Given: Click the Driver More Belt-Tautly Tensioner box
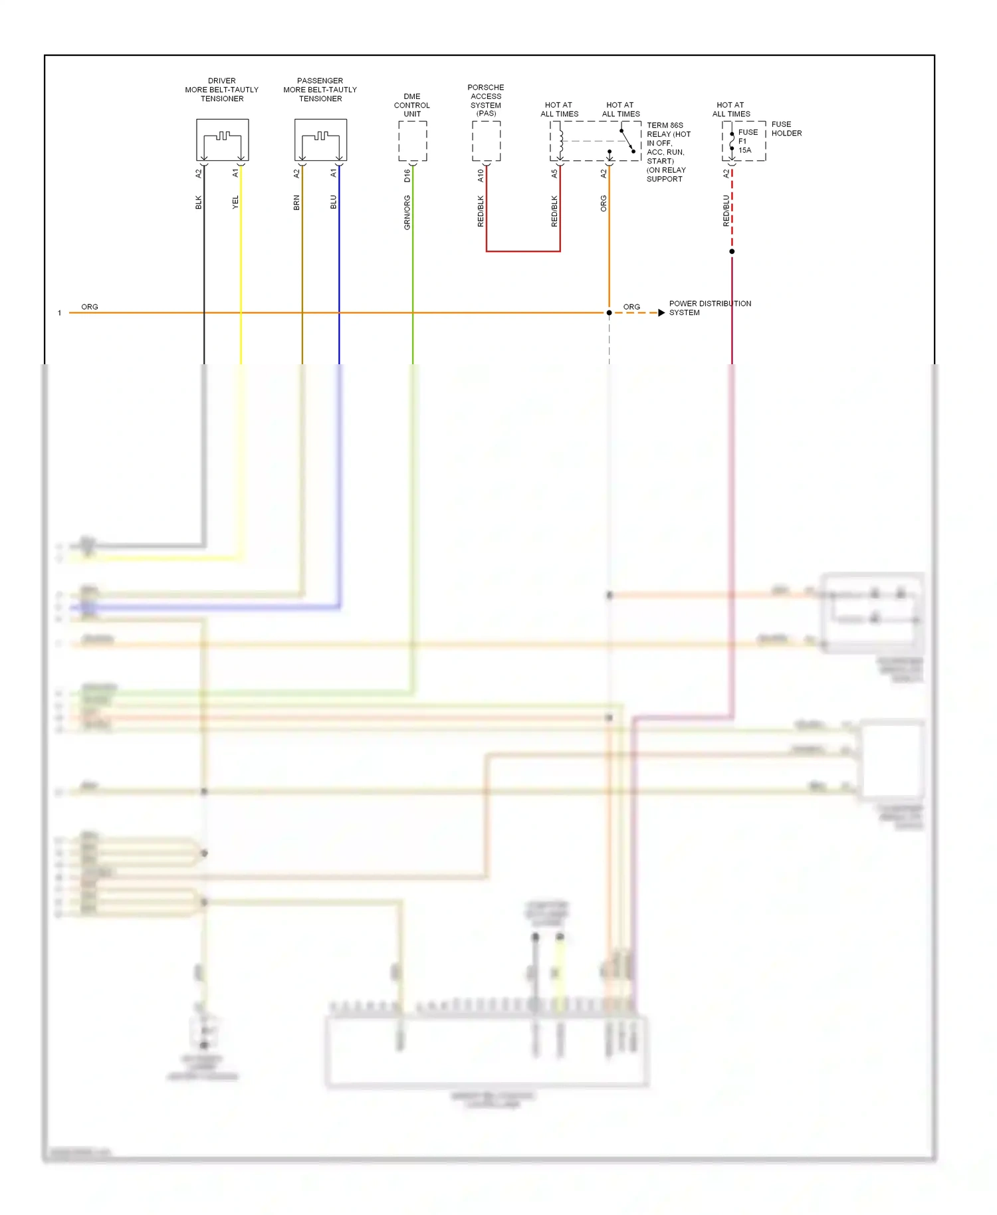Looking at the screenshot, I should pyautogui.click(x=222, y=140).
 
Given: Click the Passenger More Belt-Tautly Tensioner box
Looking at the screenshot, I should pyautogui.click(x=320, y=140).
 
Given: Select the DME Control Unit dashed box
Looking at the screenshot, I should pyautogui.click(x=412, y=141).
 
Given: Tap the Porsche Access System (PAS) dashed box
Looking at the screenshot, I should pyautogui.click(x=486, y=141).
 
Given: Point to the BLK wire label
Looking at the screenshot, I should pyautogui.click(x=198, y=202).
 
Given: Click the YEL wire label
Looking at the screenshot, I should pyautogui.click(x=235, y=202).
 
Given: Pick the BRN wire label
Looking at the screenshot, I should pyautogui.click(x=296, y=202).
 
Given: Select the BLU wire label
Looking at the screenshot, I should pyautogui.click(x=334, y=202).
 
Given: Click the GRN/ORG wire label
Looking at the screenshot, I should pyautogui.click(x=407, y=213).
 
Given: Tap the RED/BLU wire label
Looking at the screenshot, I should pyautogui.click(x=726, y=210).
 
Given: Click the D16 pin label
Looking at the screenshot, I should pyautogui.click(x=407, y=175).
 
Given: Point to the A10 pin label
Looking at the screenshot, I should pyautogui.click(x=481, y=175).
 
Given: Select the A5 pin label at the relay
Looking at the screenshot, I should pyautogui.click(x=554, y=173).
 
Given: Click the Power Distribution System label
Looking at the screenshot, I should pyautogui.click(x=709, y=308).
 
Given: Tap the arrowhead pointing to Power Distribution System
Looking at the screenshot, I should pyautogui.click(x=661, y=312).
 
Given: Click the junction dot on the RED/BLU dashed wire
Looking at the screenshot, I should pyautogui.click(x=732, y=251).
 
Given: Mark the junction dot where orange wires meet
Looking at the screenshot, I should pyautogui.click(x=609, y=312).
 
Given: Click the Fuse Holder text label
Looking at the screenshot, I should pyautogui.click(x=786, y=128).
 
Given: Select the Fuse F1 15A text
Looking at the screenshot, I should pyautogui.click(x=747, y=141).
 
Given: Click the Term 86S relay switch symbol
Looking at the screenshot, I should pyautogui.click(x=627, y=140).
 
